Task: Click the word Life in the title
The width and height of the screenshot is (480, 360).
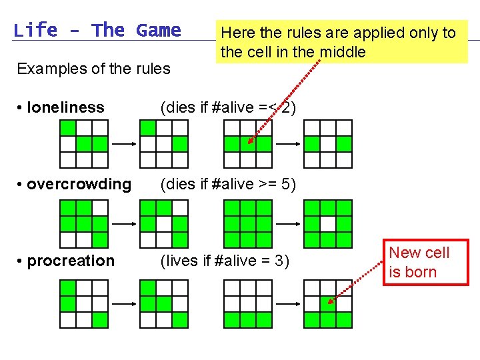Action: (35, 31)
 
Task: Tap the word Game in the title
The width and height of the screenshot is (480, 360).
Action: (158, 31)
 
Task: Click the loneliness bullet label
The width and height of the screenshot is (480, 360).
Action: (66, 107)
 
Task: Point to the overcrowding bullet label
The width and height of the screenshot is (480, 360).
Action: (79, 184)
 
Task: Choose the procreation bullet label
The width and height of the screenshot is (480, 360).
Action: (71, 261)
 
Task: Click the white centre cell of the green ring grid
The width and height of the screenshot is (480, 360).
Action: (328, 224)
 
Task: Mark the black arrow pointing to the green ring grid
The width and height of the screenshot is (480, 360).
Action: (288, 224)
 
